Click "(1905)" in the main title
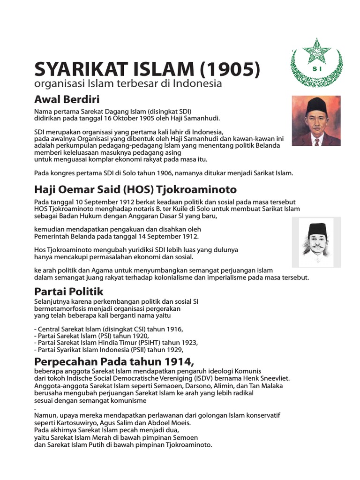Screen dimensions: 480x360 [x=230, y=70]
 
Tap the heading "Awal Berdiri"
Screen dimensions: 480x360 [x=67, y=99]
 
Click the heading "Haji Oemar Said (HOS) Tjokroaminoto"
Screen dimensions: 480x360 [x=135, y=189]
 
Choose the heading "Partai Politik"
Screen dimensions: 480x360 [x=68, y=292]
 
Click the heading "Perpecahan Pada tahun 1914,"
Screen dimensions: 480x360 [x=114, y=362]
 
